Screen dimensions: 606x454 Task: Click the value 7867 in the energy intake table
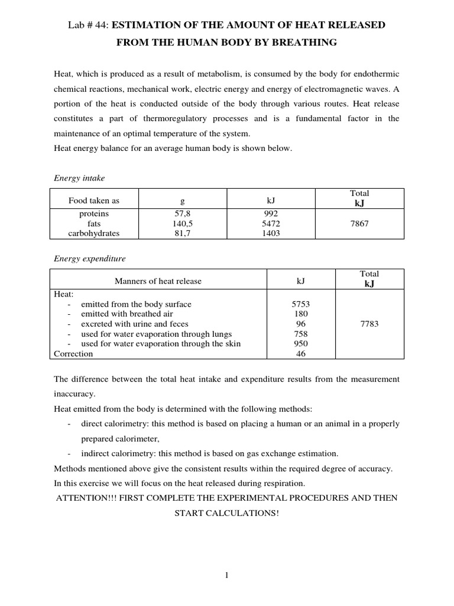point(359,224)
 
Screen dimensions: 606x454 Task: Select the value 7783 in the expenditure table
point(369,324)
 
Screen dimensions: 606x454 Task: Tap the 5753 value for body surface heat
point(301,304)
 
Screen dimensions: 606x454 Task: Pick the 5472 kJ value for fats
point(271,224)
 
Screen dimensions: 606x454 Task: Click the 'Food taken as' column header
point(93,201)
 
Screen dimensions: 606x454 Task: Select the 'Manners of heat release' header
point(158,281)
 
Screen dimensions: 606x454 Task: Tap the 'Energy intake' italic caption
point(79,178)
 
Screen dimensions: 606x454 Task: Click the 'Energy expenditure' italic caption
point(89,259)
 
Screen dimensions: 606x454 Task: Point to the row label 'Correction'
point(73,354)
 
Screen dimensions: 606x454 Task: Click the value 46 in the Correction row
point(301,354)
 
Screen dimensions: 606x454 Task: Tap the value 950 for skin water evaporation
point(301,344)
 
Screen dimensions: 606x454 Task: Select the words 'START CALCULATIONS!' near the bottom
point(226,513)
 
